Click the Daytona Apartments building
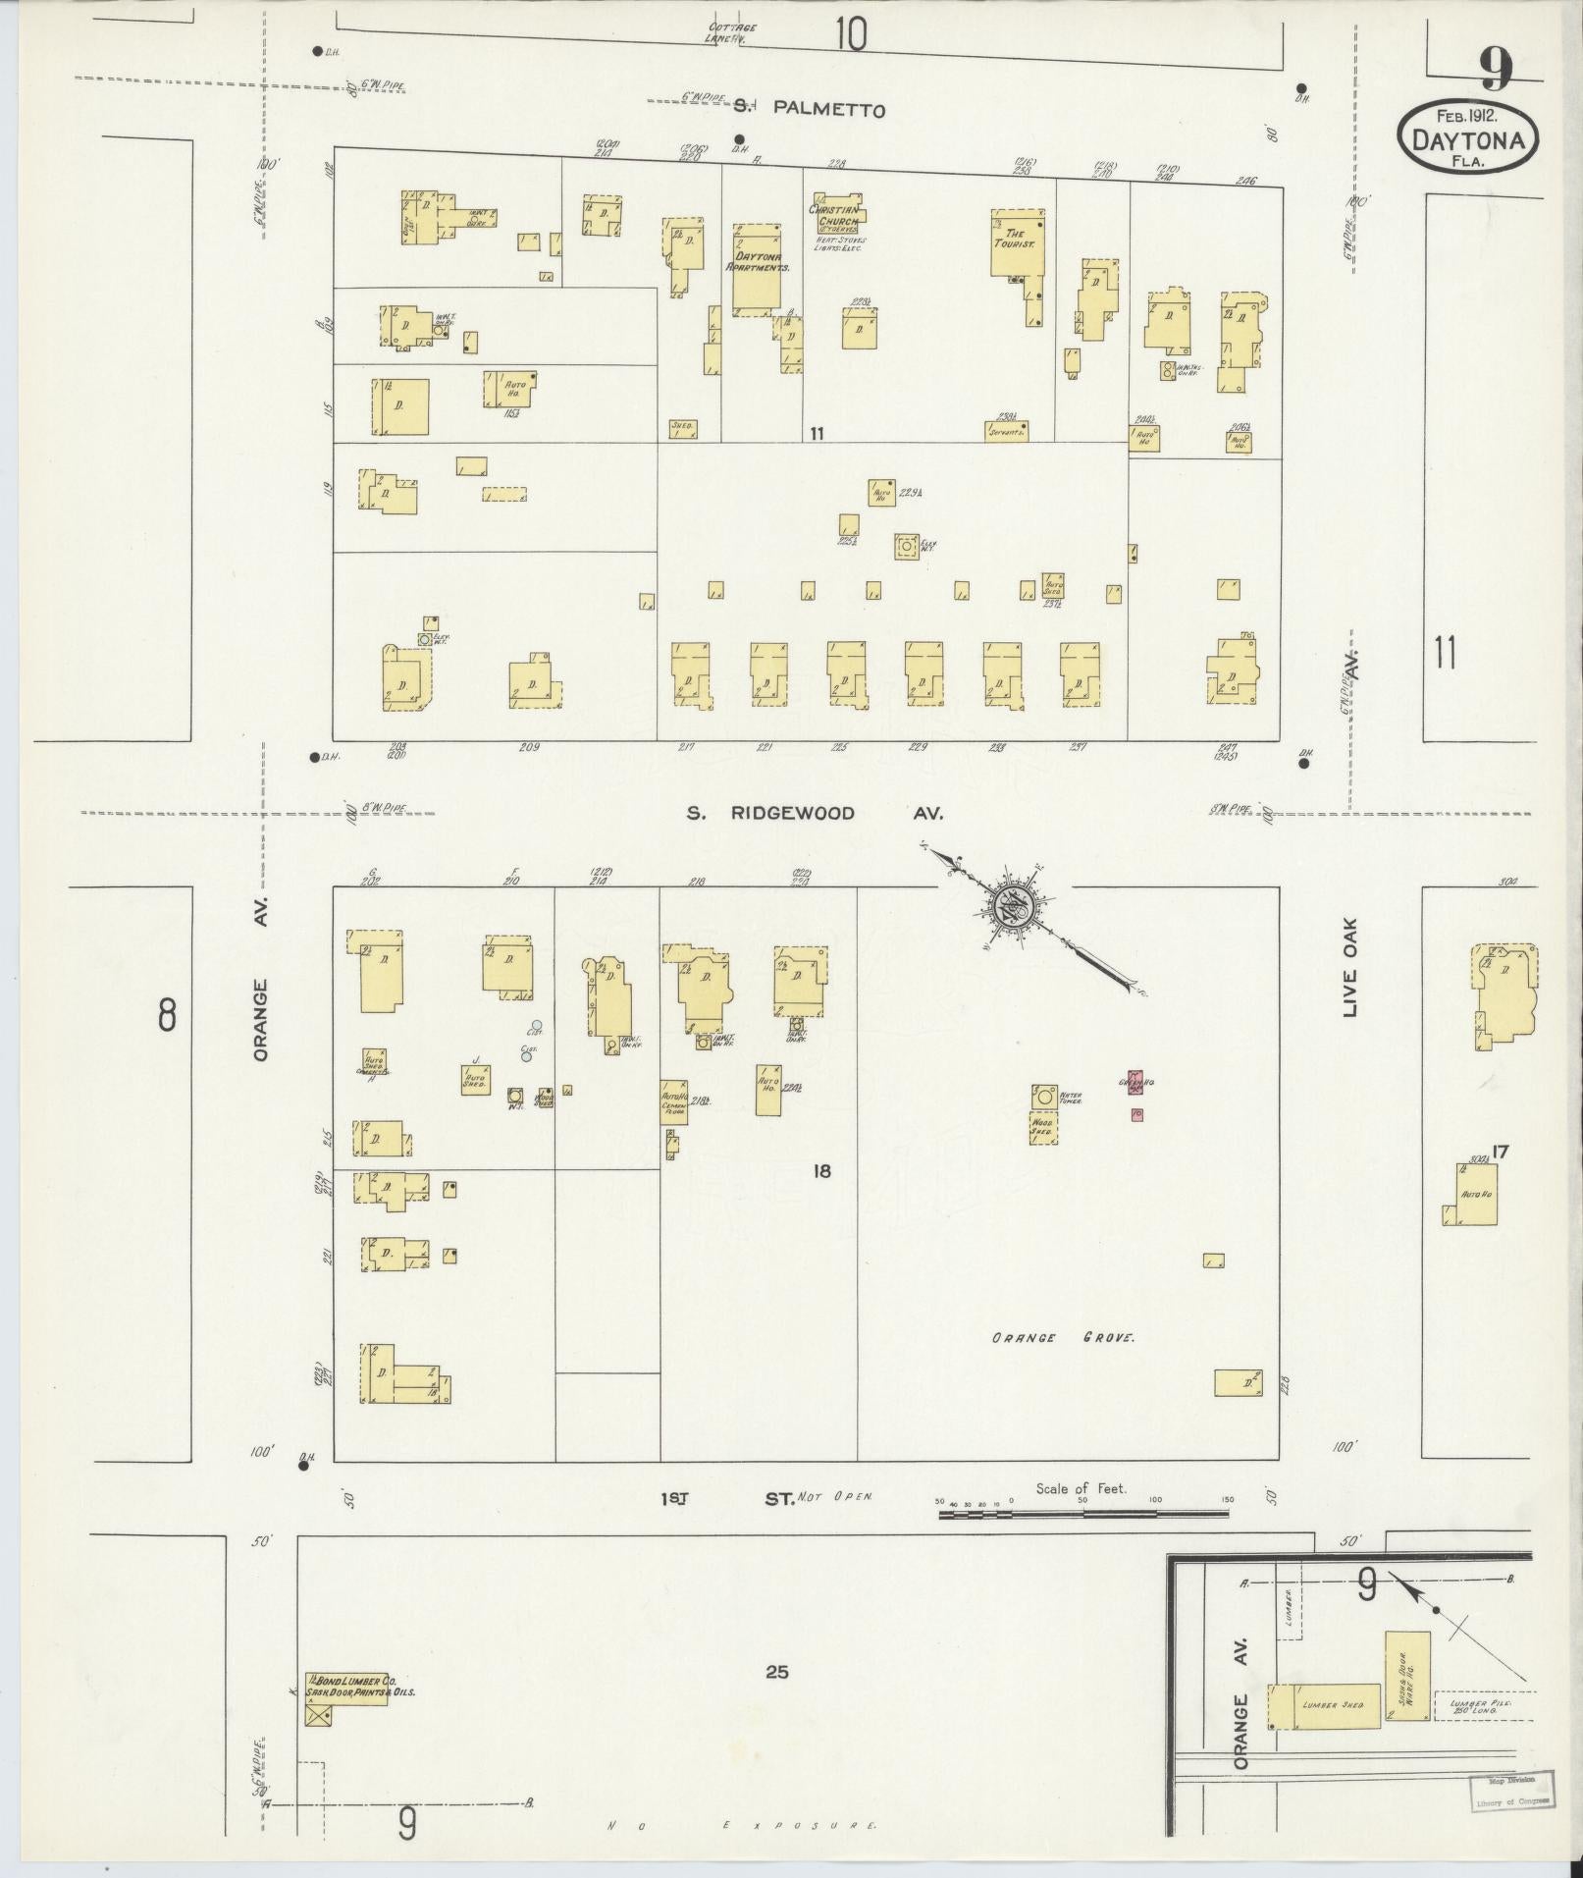point(757,267)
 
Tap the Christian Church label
point(834,216)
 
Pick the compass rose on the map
point(1011,906)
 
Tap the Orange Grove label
point(1062,1337)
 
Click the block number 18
point(821,1170)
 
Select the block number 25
point(776,1671)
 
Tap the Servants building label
point(1006,431)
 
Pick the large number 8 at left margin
point(167,1014)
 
